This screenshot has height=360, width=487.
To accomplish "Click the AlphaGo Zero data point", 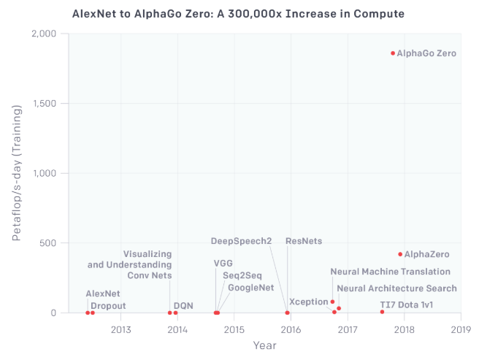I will tap(393, 53).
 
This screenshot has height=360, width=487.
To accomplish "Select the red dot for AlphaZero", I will tap(400, 254).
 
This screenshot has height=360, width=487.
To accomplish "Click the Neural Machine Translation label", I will tap(390, 272).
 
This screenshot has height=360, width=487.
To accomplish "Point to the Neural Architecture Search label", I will tap(396, 288).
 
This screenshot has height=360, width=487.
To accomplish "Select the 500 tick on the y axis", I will tap(50, 243).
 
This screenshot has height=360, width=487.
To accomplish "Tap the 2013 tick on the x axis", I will tap(120, 329).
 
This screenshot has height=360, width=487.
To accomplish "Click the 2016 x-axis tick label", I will tap(291, 329).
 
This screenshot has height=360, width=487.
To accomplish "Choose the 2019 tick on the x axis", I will tap(461, 329).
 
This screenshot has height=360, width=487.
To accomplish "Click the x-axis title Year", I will tap(264, 345).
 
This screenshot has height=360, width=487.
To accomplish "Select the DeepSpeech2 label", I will tap(241, 241).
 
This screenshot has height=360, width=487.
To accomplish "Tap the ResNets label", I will tap(304, 241).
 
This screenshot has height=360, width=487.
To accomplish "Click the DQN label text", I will tap(183, 305).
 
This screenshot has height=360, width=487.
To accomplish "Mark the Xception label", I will tap(308, 302).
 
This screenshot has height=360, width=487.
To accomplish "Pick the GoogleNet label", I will tap(250, 288).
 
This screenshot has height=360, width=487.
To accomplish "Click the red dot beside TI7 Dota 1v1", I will tap(382, 312).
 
